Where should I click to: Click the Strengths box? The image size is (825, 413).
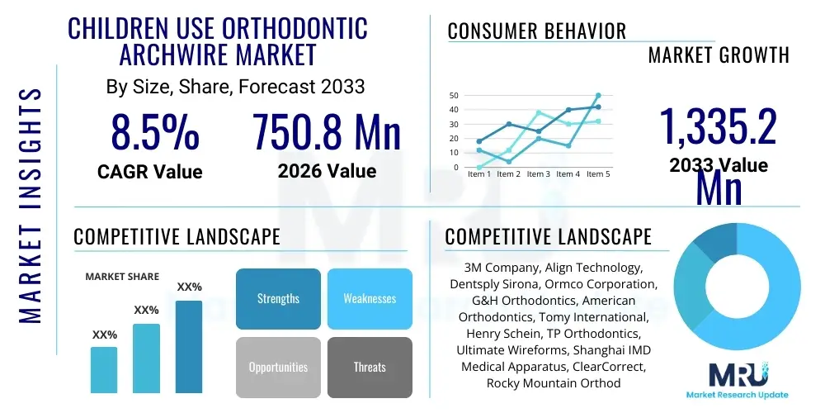(x=278, y=298)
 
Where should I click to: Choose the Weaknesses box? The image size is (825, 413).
(x=370, y=298)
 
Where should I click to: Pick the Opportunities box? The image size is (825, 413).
(x=278, y=367)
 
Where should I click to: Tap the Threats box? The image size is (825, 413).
(x=370, y=367)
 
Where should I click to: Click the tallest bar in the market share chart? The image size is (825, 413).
(x=189, y=346)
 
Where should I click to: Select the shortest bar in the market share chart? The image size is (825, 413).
(x=104, y=369)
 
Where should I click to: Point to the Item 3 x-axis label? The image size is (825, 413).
(x=538, y=174)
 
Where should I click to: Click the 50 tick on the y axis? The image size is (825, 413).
(x=454, y=96)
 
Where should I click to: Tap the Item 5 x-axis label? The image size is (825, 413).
(x=596, y=174)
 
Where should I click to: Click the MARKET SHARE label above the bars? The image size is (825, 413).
(x=122, y=277)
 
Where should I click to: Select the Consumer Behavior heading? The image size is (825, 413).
(x=537, y=31)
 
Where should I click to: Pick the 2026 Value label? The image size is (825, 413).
(x=327, y=171)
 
